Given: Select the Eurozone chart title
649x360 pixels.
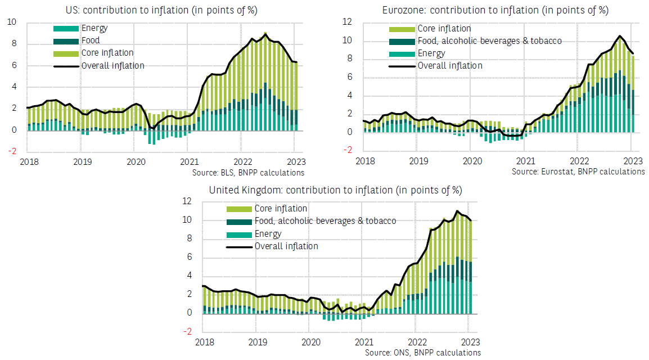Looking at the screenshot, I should coord(495,10).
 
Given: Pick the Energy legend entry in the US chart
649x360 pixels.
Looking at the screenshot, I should coord(94,28).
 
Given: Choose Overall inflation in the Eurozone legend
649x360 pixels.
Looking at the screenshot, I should coord(449,65).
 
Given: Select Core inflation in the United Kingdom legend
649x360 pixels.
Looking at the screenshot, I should coord(281,209).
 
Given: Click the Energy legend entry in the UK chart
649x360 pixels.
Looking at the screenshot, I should coord(268,233).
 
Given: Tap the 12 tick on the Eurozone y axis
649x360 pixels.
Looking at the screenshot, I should coord(347,22).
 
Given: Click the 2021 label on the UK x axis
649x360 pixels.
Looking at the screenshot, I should coord(364,341).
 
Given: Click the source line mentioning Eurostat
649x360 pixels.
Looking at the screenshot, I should coord(578,172).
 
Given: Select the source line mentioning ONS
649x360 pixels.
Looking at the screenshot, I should coord(423,353).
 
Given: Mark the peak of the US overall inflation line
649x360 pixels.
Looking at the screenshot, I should coord(265,33).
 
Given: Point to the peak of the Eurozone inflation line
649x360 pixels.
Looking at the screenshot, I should coord(619,36).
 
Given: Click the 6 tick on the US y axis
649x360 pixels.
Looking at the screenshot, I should coord(14,65).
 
